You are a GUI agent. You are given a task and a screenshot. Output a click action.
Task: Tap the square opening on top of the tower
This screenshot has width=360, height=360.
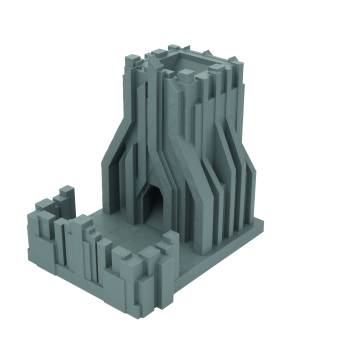(x=186, y=67)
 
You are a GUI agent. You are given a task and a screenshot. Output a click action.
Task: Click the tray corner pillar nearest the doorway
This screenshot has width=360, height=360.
(x=167, y=245)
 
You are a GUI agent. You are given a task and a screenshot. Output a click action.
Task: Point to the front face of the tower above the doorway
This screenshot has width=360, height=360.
(x=158, y=140)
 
